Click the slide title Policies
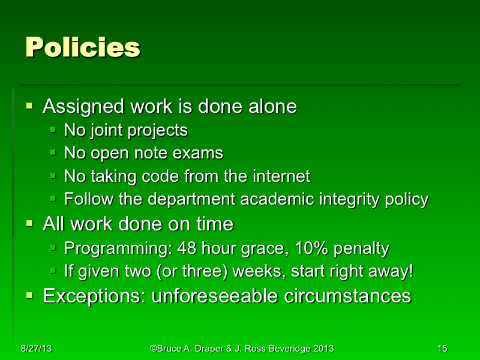(x=83, y=47)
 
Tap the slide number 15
(x=443, y=349)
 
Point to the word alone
(x=272, y=107)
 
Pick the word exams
(x=200, y=153)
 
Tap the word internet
(x=281, y=176)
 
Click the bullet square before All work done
(x=30, y=224)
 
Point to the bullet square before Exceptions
(x=30, y=295)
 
